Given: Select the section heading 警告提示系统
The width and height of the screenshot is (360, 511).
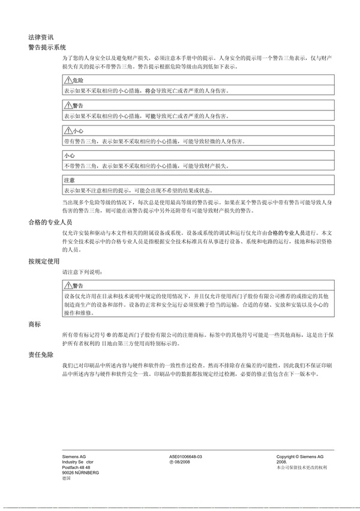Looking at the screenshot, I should tap(47, 47).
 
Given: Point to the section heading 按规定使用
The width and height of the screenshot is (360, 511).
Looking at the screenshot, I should tap(44, 261).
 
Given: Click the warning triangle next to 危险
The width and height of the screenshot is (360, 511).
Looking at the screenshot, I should tap(67, 80).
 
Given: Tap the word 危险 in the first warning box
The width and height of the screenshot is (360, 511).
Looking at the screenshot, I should tap(77, 80).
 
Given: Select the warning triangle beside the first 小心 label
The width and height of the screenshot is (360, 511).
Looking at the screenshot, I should tap(67, 130).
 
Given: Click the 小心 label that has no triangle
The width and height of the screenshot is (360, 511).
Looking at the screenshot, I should tap(69, 156).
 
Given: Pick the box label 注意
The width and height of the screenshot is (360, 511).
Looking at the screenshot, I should tap(69, 180).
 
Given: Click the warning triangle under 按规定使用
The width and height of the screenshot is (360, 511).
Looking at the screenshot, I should tap(67, 285).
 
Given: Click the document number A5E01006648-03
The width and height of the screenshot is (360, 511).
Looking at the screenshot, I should tap(186, 457).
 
